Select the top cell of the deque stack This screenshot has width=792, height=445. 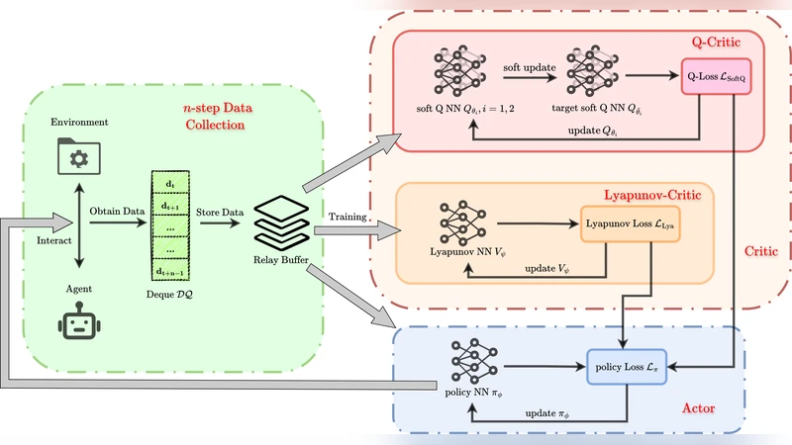[169, 184]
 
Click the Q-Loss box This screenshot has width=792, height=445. [718, 77]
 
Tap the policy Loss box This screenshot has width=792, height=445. [626, 368]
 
